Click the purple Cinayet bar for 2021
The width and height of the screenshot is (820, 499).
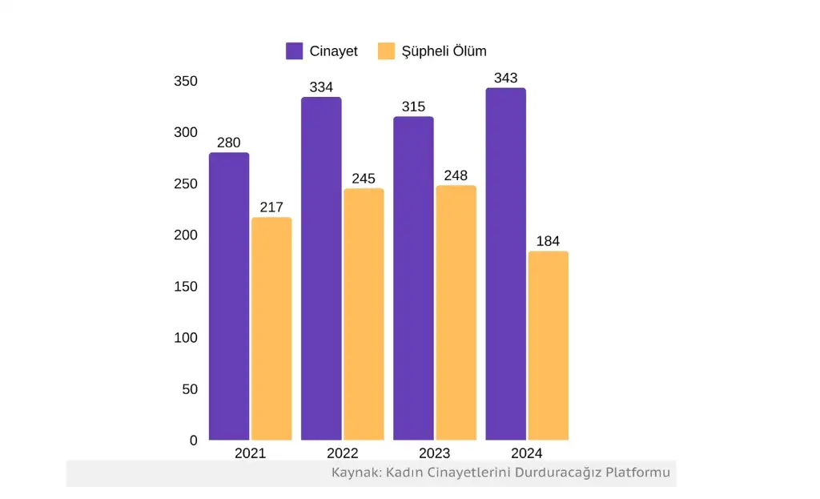coord(229,296)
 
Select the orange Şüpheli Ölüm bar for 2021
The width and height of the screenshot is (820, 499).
coord(271,328)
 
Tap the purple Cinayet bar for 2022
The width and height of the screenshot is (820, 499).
coord(321,268)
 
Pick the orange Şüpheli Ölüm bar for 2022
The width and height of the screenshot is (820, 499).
coord(364,314)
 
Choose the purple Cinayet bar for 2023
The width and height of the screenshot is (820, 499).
coord(413,278)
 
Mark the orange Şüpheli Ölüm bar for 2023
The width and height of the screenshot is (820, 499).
coord(456,312)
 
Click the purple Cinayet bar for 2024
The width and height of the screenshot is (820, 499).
coord(506,264)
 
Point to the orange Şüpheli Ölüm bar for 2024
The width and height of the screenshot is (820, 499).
coord(549,345)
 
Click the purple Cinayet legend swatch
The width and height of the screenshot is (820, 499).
coord(294,51)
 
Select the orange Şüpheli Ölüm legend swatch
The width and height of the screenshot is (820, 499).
coord(387,51)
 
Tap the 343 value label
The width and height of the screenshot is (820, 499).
coord(506,78)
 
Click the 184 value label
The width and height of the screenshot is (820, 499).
coord(549,241)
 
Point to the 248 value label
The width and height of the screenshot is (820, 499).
coord(456,175)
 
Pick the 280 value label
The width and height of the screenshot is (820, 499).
coord(229,143)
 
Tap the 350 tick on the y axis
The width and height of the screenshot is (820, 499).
coord(186,81)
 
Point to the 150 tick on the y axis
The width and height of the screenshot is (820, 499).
coord(186,287)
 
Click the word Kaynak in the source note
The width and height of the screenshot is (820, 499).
coord(355,473)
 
